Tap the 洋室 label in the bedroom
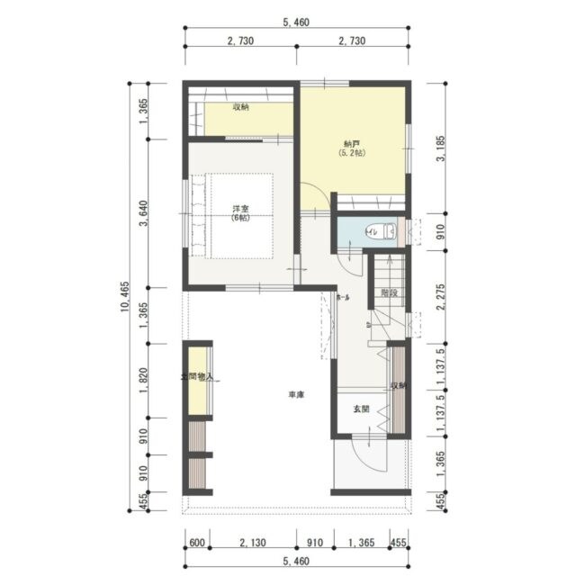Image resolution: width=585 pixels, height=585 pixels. tap(240, 209)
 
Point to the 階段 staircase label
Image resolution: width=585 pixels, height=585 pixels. tap(388, 293)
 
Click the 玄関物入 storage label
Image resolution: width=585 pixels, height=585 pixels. tap(197, 378)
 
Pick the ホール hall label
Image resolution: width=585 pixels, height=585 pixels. tap(343, 297)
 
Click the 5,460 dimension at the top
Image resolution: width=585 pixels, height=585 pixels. tap(296, 22)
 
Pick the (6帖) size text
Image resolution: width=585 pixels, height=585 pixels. tap(240, 218)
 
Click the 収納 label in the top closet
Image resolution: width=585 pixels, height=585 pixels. tap(240, 107)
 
